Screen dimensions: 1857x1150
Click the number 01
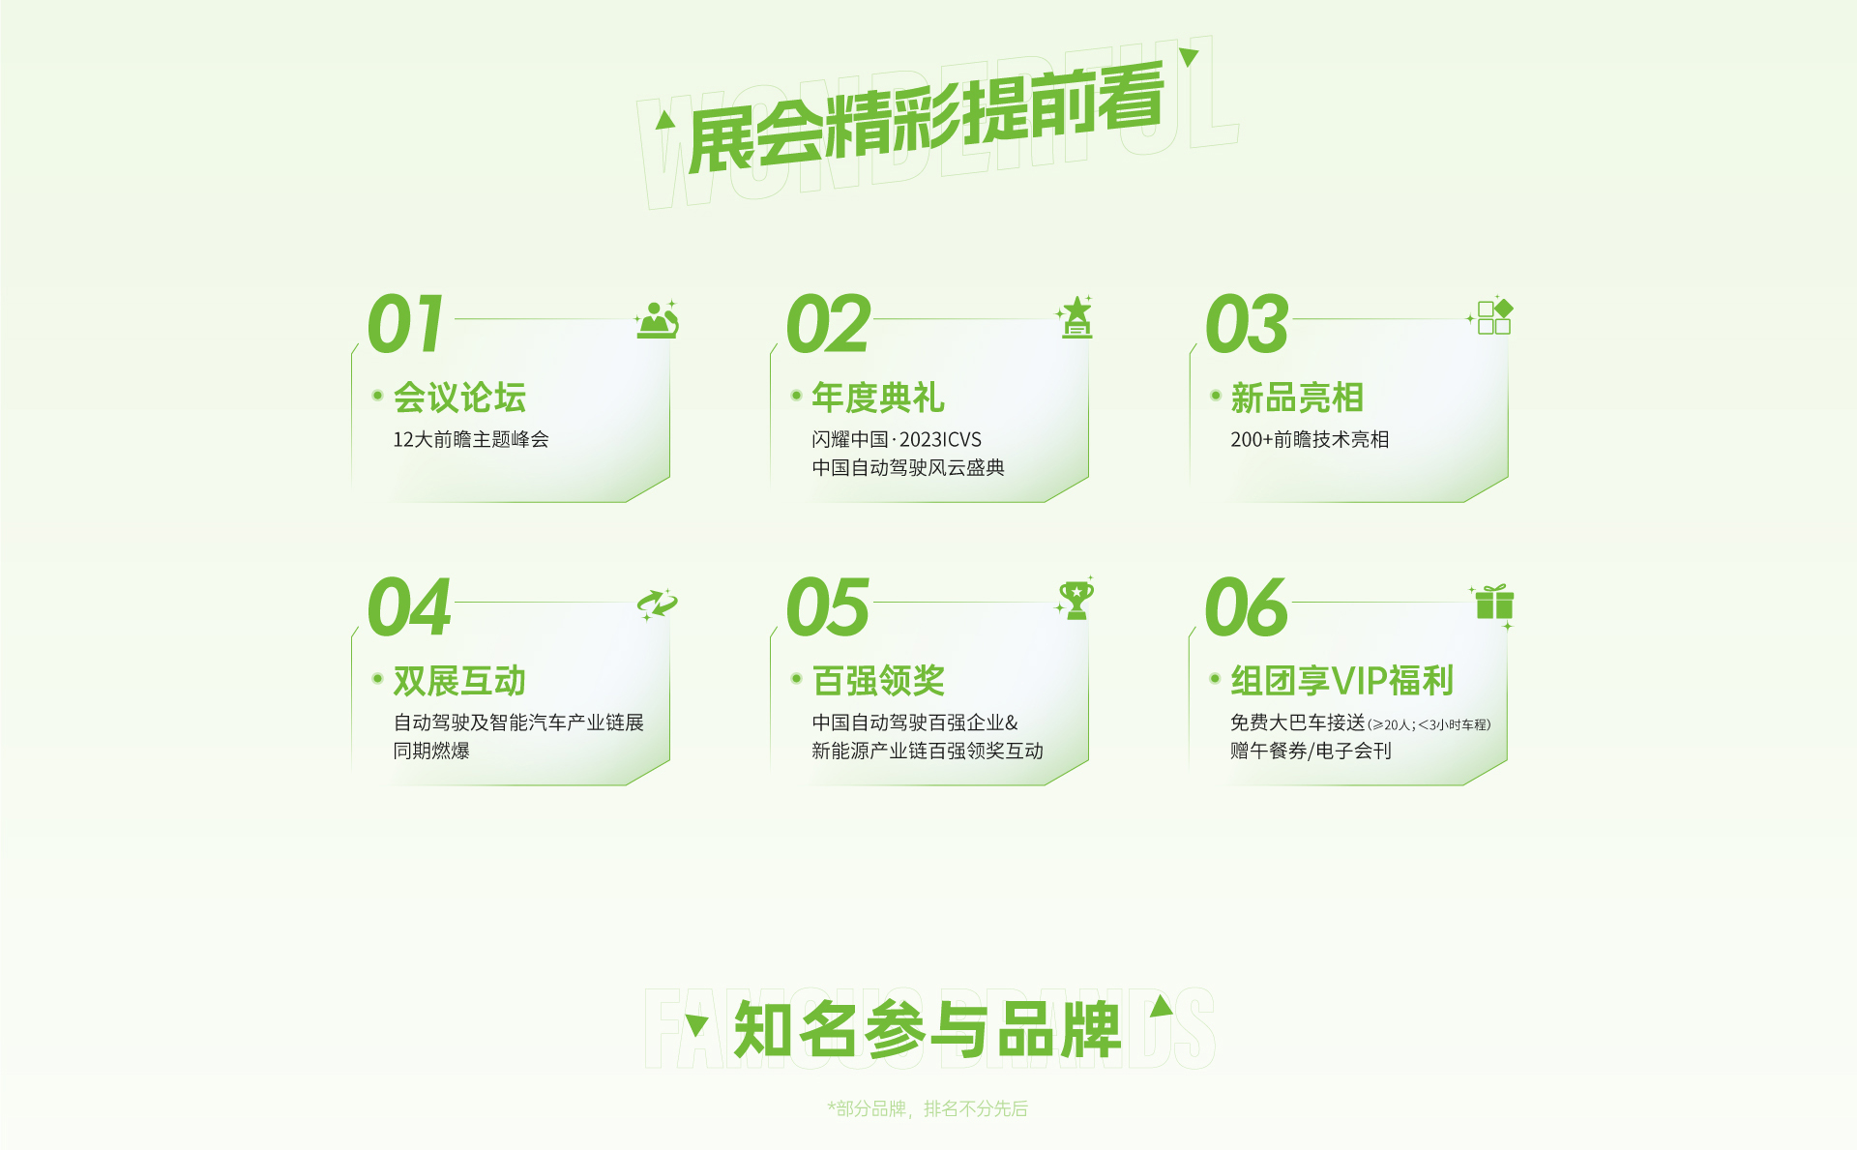[406, 323]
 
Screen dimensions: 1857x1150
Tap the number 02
[829, 323]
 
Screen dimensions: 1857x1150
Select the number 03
[1248, 323]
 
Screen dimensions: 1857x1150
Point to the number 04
[410, 606]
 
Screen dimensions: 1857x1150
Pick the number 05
[829, 606]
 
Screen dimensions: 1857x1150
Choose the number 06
[1248, 606]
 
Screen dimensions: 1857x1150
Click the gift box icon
[1493, 603]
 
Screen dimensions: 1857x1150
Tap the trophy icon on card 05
[1076, 600]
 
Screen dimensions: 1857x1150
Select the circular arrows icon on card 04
[658, 604]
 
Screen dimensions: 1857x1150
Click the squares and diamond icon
[1491, 315]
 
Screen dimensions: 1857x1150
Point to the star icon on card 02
[1076, 316]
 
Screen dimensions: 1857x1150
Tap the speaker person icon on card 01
[658, 319]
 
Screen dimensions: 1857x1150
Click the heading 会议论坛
[459, 398]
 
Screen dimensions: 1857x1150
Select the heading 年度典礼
[878, 398]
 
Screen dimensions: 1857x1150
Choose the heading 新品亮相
[1297, 398]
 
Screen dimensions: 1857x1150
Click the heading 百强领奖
[878, 681]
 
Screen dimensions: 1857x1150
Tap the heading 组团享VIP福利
[1341, 681]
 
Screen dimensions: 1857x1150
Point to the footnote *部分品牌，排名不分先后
[928, 1108]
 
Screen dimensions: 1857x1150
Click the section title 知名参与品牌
[928, 1029]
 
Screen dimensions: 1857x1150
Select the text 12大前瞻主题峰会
[471, 439]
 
